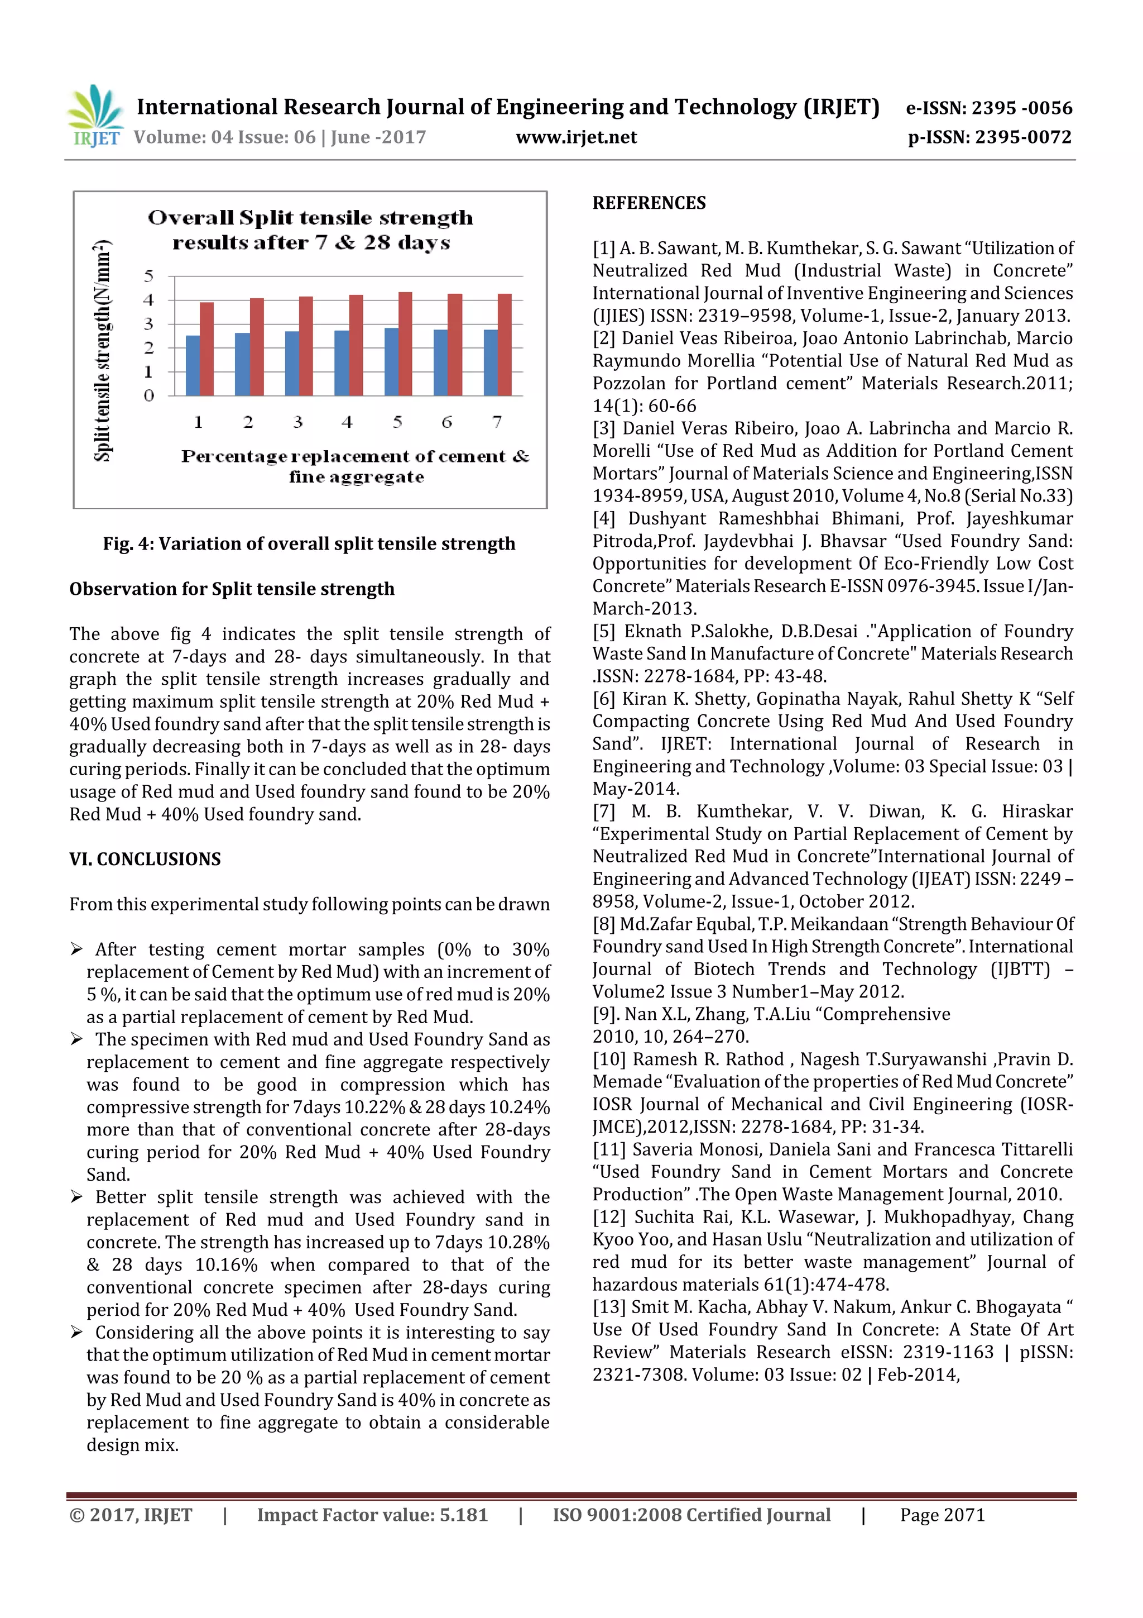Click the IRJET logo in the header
94,116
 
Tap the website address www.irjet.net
576,137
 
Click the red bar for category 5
405,344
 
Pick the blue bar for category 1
192,365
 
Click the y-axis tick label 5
148,276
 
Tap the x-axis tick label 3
298,422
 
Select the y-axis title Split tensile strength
103,350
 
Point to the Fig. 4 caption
309,543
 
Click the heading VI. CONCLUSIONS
145,859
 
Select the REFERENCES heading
649,204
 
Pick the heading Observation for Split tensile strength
232,589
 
